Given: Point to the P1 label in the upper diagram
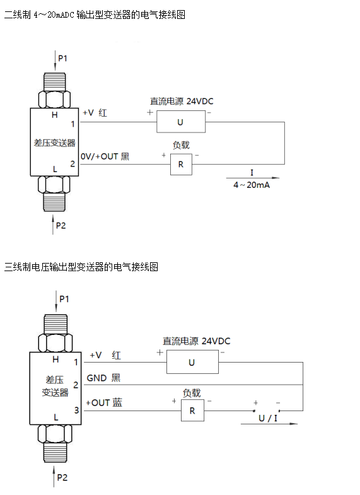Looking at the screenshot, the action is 63,59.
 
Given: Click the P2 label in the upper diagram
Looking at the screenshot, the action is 61,225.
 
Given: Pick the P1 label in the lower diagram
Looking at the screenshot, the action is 64,299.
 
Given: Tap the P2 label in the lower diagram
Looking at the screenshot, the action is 62,477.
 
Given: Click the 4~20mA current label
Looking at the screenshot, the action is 252,185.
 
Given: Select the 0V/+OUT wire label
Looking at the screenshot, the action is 99,156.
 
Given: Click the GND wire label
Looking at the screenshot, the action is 96,378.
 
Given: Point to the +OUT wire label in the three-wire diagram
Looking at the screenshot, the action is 98,403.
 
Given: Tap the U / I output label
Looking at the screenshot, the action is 268,418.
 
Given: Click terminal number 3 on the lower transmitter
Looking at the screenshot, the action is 76,410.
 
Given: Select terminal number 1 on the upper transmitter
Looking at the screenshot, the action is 73,124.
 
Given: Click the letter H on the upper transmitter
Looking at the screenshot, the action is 55,115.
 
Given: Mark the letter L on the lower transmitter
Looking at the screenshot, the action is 56,417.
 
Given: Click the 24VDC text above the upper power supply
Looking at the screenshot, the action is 200,102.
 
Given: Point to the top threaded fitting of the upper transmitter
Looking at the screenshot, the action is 54,82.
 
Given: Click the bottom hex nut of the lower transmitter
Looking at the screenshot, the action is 55,433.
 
